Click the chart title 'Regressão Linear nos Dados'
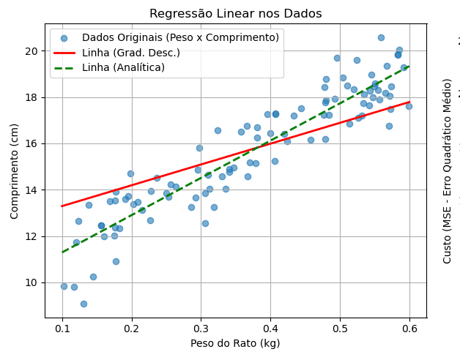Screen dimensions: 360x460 pyautogui.click(x=235, y=14)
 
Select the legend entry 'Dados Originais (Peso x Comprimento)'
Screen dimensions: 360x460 pyautogui.click(x=180, y=38)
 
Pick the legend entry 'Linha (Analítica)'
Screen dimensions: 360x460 pyautogui.click(x=123, y=67)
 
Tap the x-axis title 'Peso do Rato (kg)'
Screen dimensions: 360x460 pyautogui.click(x=235, y=343)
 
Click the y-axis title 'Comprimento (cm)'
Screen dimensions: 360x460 pyautogui.click(x=15, y=171)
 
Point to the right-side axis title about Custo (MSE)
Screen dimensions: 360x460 pyautogui.click(x=448, y=170)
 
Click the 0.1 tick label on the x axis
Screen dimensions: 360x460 pyautogui.click(x=62, y=329)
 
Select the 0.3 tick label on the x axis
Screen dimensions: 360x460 pyautogui.click(x=201, y=329)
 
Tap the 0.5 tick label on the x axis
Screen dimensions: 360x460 pyautogui.click(x=340, y=329)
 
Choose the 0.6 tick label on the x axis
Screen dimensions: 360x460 pyautogui.click(x=409, y=329)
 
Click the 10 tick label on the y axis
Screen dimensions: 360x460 pyautogui.click(x=32, y=282)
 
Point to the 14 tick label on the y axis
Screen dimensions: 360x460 pyautogui.click(x=32, y=190)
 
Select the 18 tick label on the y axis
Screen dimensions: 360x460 pyautogui.click(x=32, y=97)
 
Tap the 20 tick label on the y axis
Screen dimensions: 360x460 pyautogui.click(x=32, y=51)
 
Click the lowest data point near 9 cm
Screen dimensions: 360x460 pyautogui.click(x=84, y=304)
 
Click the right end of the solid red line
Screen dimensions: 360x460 pyautogui.click(x=409, y=102)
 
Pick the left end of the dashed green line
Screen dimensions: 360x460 pyautogui.click(x=62, y=252)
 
